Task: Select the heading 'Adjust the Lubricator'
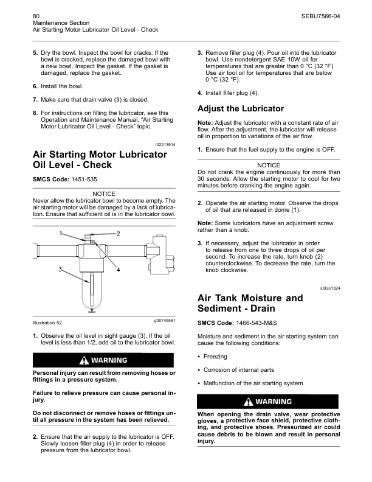pyautogui.click(x=241, y=109)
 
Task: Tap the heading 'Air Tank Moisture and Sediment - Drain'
pyautogui.click(x=250, y=304)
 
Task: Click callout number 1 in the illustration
pyautogui.click(x=61, y=233)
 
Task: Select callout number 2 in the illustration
pyautogui.click(x=118, y=234)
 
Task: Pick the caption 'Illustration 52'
pyautogui.click(x=47, y=322)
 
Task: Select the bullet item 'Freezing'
pyautogui.click(x=215, y=357)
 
